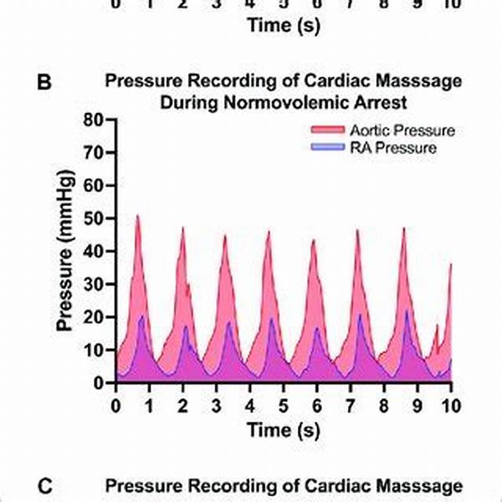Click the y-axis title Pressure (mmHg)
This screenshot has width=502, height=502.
point(66,252)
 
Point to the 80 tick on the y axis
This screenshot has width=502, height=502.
point(95,120)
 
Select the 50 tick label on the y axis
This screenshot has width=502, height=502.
point(95,219)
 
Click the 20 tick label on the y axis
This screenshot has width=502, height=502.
point(95,318)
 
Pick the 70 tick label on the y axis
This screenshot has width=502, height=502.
point(95,153)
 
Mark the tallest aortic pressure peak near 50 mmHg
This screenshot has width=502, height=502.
point(138,217)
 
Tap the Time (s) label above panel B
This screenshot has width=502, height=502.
point(283,25)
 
